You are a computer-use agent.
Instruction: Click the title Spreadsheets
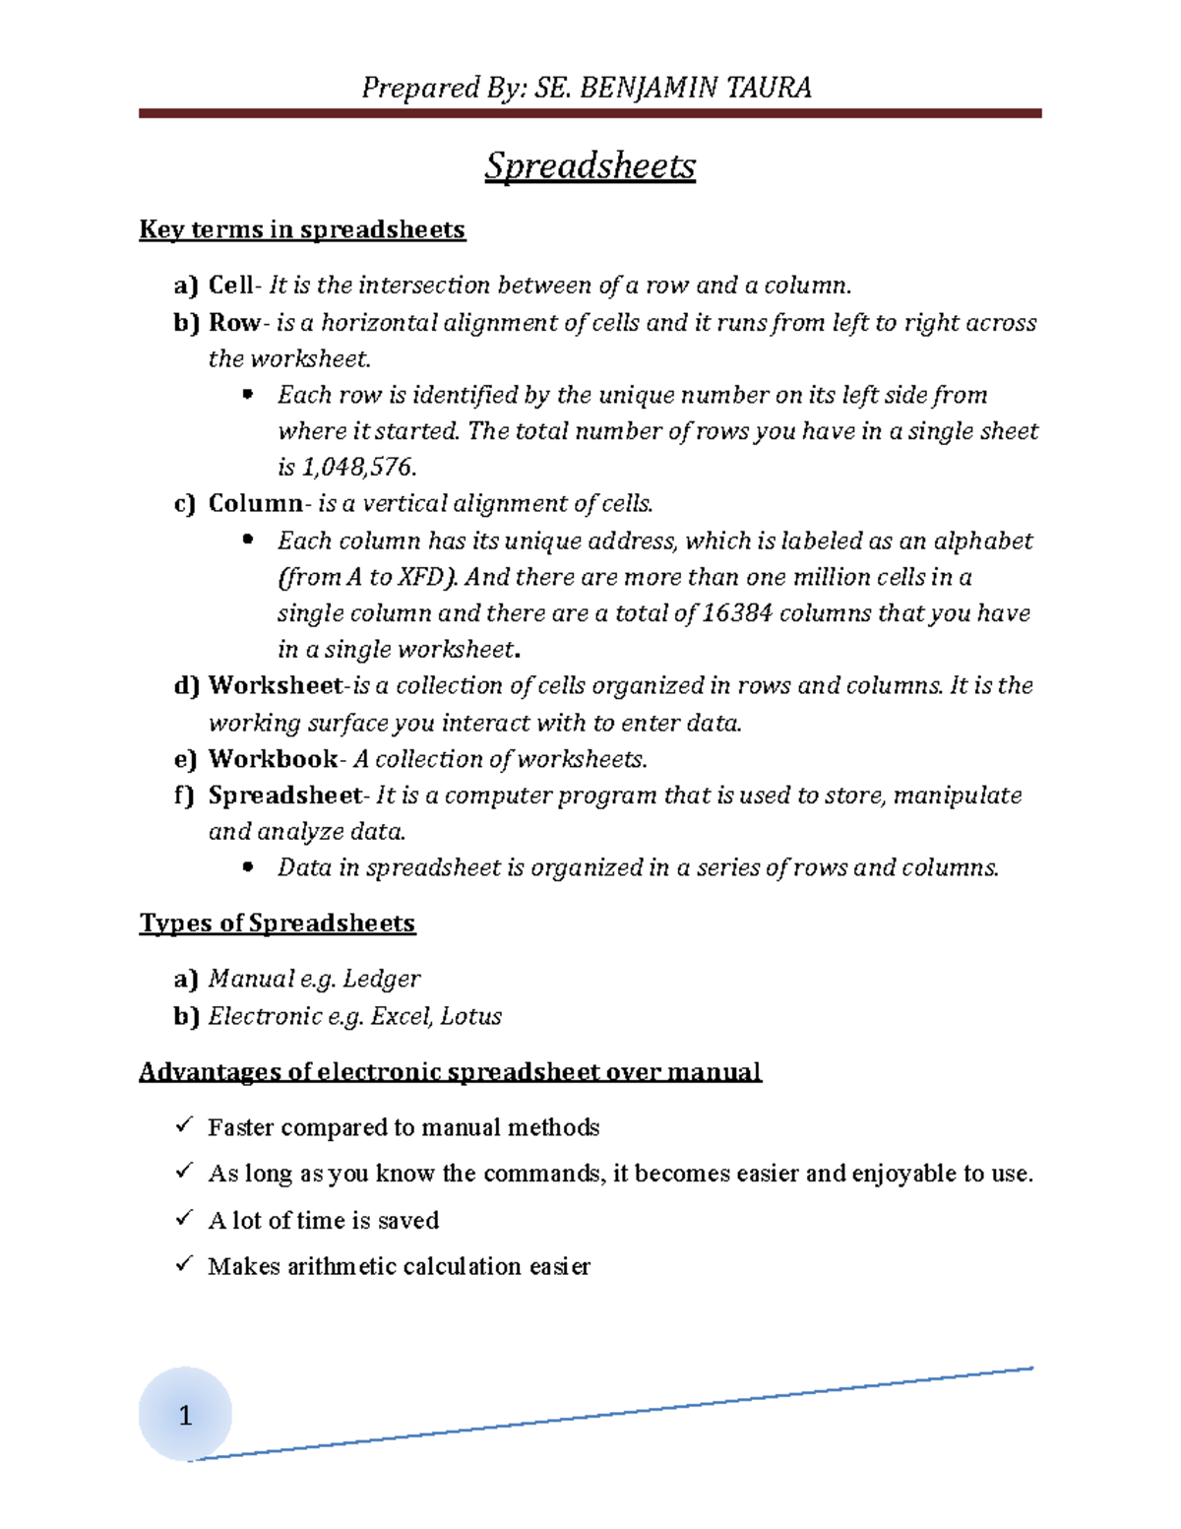(590, 165)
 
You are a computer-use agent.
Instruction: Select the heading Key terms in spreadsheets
(302, 229)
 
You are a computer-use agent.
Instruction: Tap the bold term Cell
(230, 286)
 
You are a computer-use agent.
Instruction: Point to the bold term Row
(233, 323)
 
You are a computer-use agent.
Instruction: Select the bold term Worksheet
(276, 685)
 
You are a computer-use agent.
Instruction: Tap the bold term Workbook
(273, 759)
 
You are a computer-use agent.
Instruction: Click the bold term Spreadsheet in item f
(285, 796)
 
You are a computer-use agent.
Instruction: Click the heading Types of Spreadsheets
(278, 924)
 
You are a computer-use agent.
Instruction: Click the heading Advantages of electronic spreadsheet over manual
(450, 1071)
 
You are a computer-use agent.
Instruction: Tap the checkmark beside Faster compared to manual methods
(184, 1125)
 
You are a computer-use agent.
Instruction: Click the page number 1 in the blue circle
(185, 1416)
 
